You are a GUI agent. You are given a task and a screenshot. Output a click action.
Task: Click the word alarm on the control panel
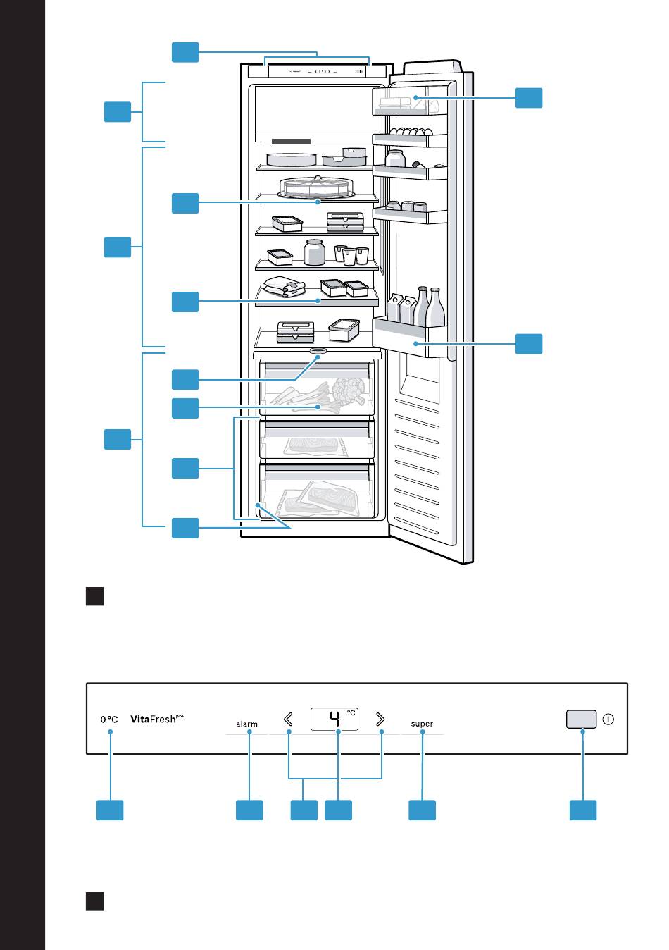246,724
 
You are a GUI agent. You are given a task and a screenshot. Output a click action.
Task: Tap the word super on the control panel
422,724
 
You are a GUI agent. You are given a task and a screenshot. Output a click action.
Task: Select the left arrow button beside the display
288,719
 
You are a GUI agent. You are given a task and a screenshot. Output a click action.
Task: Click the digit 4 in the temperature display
335,720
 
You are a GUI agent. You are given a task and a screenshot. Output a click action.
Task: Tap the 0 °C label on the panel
109,720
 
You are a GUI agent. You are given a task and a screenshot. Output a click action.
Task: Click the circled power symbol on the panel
608,720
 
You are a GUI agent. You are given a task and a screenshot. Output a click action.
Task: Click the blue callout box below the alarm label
249,810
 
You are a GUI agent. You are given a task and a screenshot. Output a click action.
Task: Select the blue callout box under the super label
423,810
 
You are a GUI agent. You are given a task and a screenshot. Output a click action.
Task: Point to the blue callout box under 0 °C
110,810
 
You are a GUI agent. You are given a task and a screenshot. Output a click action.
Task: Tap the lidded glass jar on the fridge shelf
314,252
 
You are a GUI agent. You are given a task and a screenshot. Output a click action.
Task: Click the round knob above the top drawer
318,350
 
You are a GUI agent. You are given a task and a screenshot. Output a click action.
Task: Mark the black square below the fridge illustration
95,596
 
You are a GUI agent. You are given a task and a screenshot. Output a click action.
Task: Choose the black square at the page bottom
95,901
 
